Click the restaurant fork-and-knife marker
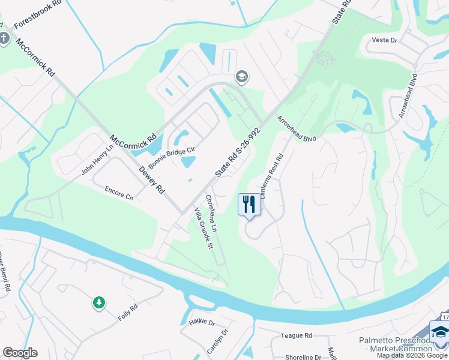point(249,204)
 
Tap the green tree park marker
point(98,303)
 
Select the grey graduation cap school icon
point(242,76)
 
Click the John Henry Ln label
point(97,160)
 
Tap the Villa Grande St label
point(202,229)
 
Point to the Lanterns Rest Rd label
point(271,178)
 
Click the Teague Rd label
point(297,335)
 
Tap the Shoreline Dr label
point(303,357)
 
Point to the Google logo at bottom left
point(20,353)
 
